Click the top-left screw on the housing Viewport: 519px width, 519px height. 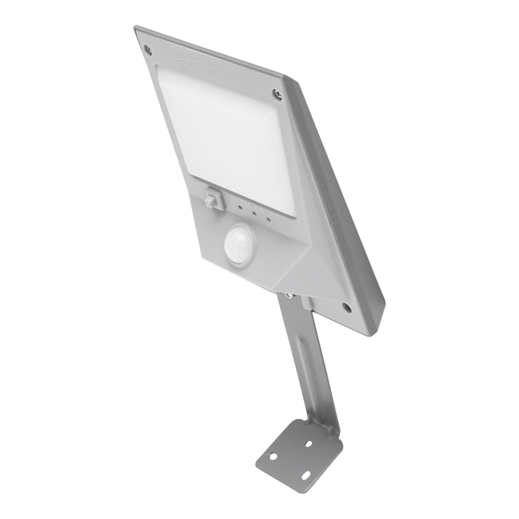click(x=148, y=50)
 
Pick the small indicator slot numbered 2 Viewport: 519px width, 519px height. click(x=254, y=212)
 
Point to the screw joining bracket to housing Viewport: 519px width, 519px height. click(x=288, y=295)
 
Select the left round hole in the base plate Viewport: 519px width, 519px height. click(x=272, y=456)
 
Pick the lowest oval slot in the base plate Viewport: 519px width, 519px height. click(x=306, y=475)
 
